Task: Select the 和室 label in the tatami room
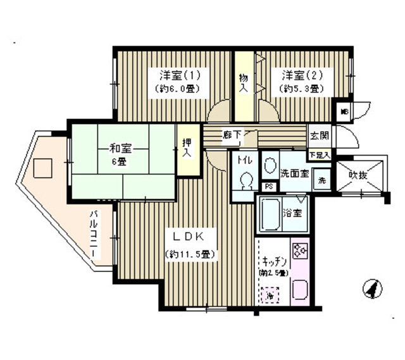(x=120, y=149)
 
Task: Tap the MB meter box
(x=345, y=111)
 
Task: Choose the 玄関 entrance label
(x=318, y=135)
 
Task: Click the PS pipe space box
(x=269, y=187)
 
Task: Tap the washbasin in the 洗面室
(x=268, y=166)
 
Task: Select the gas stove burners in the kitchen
(x=299, y=251)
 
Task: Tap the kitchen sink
(x=299, y=289)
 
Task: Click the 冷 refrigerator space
(x=269, y=295)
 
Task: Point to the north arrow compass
(x=373, y=289)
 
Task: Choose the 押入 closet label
(x=187, y=149)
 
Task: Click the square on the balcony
(x=42, y=168)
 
